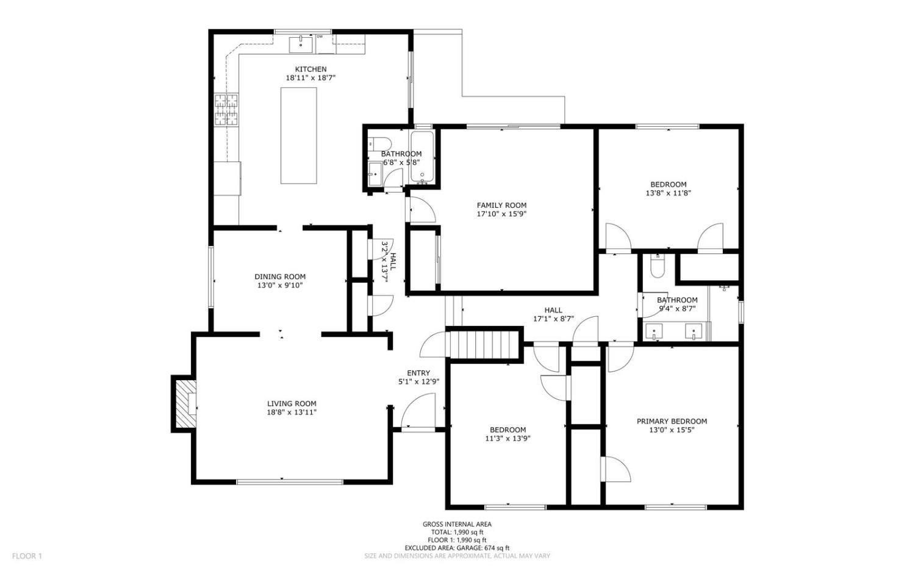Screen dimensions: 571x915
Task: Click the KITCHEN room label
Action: pyautogui.click(x=310, y=69)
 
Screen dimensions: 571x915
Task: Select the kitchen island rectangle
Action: pyautogui.click(x=298, y=135)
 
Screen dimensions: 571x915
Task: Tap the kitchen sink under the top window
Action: pyautogui.click(x=301, y=44)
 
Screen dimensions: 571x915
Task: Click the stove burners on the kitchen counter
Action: pyautogui.click(x=226, y=110)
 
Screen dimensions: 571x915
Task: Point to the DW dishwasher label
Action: pyautogui.click(x=319, y=37)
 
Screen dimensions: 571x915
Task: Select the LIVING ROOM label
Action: pyautogui.click(x=292, y=403)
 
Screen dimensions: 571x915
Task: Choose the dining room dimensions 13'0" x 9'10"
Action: pyautogui.click(x=280, y=285)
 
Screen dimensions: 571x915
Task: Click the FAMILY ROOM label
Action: pyautogui.click(x=501, y=205)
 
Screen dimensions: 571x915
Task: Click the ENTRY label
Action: pyautogui.click(x=418, y=373)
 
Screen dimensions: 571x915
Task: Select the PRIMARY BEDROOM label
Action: pyautogui.click(x=672, y=421)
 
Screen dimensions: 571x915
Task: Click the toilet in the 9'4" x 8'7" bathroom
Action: pyautogui.click(x=657, y=266)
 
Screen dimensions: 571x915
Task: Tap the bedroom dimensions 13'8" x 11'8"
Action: pyautogui.click(x=668, y=193)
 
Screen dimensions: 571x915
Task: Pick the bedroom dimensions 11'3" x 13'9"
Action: pyautogui.click(x=508, y=438)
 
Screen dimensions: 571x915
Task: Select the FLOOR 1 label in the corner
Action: pyautogui.click(x=27, y=556)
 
